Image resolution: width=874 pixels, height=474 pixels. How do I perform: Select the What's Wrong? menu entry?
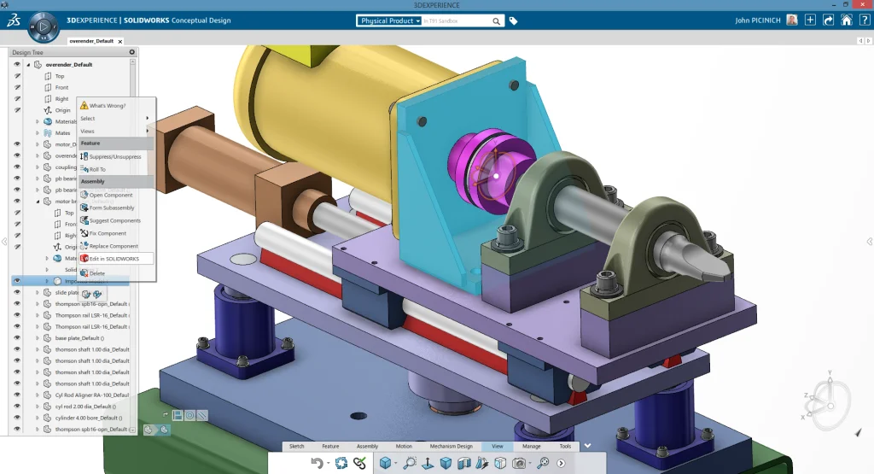click(x=107, y=105)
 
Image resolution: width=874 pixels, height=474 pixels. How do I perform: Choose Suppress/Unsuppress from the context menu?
click(x=115, y=156)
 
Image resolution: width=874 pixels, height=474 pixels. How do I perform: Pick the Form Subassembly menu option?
click(x=112, y=208)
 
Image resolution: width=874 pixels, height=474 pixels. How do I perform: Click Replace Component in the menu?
click(x=114, y=246)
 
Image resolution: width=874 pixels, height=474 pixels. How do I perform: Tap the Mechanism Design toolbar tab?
click(x=451, y=446)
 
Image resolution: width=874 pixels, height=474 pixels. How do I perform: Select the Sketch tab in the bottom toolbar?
click(x=296, y=446)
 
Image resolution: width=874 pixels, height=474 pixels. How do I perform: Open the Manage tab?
click(x=531, y=446)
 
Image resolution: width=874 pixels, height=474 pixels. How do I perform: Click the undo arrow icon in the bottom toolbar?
click(x=318, y=463)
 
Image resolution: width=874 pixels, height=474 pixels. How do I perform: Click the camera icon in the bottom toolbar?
click(x=518, y=463)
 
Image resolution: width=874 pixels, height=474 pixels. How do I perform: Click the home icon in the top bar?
click(x=846, y=20)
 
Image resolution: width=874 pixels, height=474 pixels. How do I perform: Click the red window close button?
click(x=863, y=4)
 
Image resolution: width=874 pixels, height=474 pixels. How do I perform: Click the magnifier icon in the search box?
click(x=497, y=20)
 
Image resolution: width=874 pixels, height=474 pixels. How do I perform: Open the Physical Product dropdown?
click(x=390, y=20)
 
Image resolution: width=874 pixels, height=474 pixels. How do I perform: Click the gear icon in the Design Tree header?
click(x=131, y=52)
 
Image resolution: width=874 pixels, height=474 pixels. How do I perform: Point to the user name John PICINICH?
click(x=758, y=20)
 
